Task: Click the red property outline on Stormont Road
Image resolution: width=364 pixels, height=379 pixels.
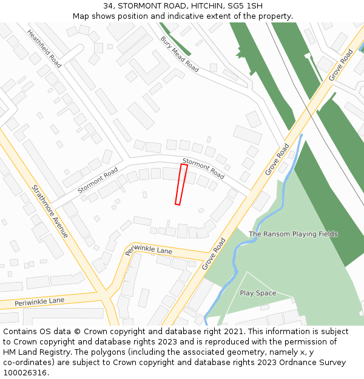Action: pyautogui.click(x=181, y=184)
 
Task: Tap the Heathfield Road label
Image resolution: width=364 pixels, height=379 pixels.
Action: pyautogui.click(x=44, y=49)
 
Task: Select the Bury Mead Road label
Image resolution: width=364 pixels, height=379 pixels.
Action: pyautogui.click(x=180, y=55)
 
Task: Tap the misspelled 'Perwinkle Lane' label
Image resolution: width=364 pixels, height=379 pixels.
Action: pyautogui.click(x=149, y=249)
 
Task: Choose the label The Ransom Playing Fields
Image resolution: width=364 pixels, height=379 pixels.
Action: pyautogui.click(x=293, y=234)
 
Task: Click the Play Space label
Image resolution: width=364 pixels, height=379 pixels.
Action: pyautogui.click(x=258, y=293)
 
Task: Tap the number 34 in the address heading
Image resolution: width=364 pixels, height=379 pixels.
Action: pyautogui.click(x=109, y=5)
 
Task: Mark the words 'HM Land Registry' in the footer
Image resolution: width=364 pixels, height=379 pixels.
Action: pyautogui.click(x=35, y=352)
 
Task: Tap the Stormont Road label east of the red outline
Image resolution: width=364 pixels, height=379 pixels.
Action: pyautogui.click(x=203, y=168)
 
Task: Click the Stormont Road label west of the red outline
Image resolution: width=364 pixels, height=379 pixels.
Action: pyautogui.click(x=98, y=181)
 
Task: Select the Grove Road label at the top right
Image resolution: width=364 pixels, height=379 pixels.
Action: pyautogui.click(x=340, y=65)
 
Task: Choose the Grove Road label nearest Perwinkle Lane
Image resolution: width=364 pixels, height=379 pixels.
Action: pyautogui.click(x=214, y=253)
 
